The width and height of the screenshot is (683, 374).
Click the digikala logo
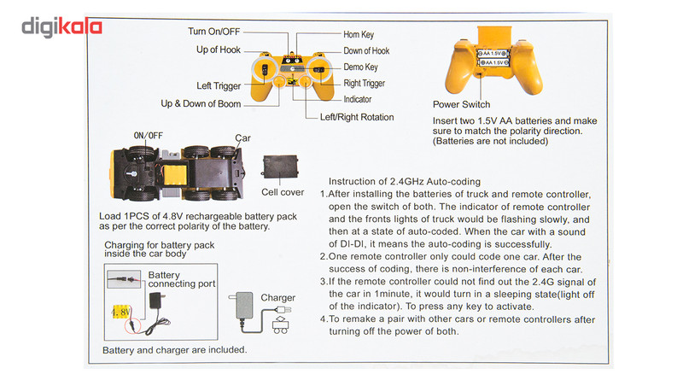[61, 27]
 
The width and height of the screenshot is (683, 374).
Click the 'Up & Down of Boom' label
[201, 104]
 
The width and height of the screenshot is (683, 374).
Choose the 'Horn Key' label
[359, 35]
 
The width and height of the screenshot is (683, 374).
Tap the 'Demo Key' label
[360, 67]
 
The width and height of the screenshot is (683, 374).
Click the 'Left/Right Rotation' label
[357, 117]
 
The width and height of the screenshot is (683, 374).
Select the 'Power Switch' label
[462, 104]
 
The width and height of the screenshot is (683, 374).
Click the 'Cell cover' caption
[283, 192]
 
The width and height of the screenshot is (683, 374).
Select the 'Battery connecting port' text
[181, 279]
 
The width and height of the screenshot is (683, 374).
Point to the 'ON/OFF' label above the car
[149, 136]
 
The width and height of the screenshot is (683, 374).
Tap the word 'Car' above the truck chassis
[242, 137]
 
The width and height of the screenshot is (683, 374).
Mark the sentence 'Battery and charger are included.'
[175, 349]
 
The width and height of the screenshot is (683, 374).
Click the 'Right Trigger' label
[364, 84]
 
